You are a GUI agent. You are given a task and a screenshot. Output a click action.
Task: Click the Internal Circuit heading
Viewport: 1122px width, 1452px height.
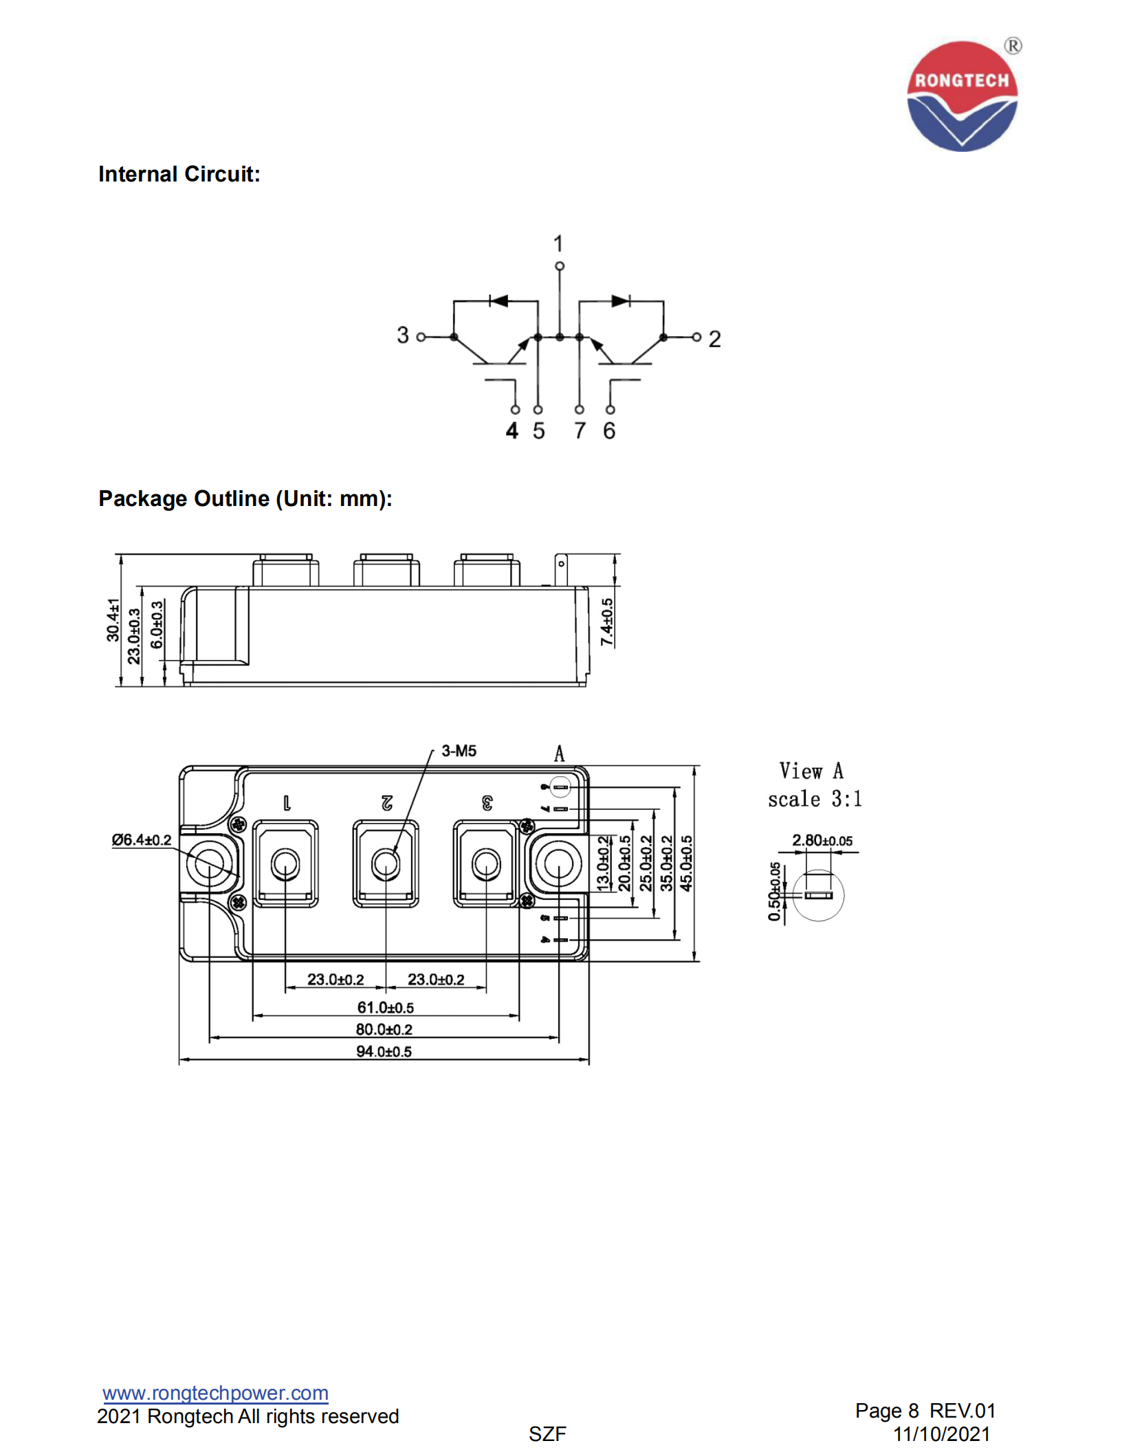click(179, 174)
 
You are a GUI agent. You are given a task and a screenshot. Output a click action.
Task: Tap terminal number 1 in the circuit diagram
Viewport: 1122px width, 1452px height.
click(558, 243)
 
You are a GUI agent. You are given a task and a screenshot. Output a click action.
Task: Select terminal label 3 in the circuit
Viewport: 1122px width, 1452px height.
click(403, 335)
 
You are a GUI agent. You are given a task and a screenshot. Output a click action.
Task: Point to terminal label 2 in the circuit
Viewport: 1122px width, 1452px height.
click(714, 339)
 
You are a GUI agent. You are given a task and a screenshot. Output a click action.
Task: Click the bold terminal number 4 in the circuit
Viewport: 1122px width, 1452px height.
click(511, 431)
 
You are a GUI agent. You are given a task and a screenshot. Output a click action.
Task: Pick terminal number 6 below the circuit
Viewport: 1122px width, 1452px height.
click(609, 431)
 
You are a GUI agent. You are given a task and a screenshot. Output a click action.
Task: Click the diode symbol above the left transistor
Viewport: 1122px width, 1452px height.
click(498, 300)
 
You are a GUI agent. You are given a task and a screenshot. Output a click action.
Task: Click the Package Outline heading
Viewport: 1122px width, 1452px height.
click(245, 498)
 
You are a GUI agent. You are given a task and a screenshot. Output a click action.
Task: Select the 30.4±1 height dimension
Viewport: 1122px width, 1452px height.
click(113, 619)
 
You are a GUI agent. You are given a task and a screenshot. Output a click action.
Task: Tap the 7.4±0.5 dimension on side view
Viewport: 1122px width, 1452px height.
click(606, 621)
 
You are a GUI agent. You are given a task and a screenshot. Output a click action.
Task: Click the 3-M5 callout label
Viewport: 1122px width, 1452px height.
click(459, 751)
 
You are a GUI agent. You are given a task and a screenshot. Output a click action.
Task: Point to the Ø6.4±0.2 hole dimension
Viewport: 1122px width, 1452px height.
click(142, 839)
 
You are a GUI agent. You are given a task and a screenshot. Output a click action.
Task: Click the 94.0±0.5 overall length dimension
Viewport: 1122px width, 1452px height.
click(384, 1051)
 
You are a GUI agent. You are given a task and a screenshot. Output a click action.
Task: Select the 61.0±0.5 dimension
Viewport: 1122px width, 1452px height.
click(385, 1007)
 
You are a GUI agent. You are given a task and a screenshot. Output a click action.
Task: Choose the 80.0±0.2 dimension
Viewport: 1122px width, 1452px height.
click(384, 1029)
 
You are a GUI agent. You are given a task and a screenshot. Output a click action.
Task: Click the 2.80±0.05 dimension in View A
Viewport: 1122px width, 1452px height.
click(822, 840)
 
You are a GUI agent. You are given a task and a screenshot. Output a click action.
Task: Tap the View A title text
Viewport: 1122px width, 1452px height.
click(811, 771)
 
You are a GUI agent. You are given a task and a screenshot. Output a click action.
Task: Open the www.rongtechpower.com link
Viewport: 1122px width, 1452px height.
click(215, 1393)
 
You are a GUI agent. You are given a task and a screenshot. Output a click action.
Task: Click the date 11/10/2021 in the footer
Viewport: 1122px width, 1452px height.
click(941, 1434)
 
